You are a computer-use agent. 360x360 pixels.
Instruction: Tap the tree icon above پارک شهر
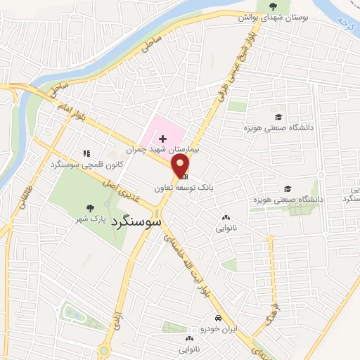pos(89,207)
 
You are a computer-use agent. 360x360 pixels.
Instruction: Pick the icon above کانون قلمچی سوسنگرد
pos(86,153)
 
